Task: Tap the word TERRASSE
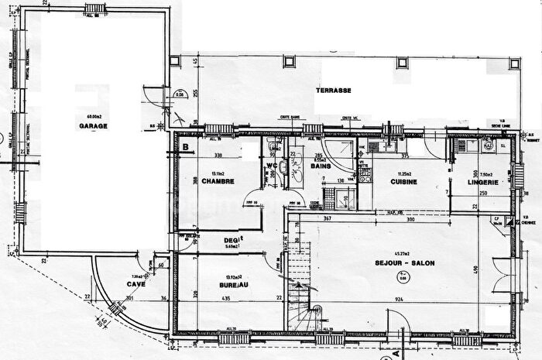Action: [334, 91]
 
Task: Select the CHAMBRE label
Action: [218, 182]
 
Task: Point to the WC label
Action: [273, 164]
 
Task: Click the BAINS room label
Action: [321, 165]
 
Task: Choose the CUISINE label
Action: [403, 182]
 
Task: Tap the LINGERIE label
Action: [482, 182]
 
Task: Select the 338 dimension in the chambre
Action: [218, 155]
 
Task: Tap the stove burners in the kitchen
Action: [374, 146]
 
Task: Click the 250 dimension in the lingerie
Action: [482, 193]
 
